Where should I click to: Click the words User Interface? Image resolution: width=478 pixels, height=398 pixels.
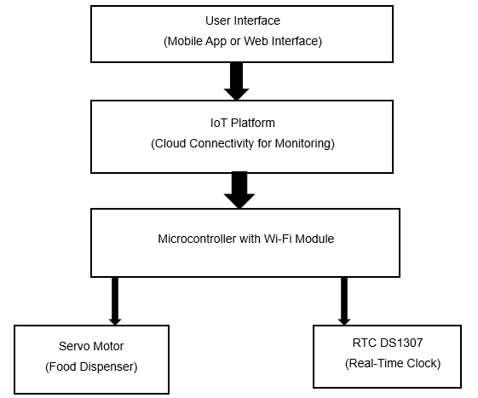point(243,20)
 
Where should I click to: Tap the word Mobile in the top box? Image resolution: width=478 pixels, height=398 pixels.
point(185,41)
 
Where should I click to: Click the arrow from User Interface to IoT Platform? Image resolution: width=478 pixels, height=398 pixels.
point(237,81)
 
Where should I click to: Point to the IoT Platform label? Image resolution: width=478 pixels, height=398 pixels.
point(243,123)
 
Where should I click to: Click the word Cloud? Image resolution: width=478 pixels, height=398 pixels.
point(170,143)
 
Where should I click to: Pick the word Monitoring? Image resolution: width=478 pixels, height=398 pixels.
point(302,143)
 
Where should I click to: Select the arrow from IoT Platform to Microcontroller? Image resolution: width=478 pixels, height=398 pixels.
point(239,190)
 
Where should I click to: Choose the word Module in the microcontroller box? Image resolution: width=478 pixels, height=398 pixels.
point(314,239)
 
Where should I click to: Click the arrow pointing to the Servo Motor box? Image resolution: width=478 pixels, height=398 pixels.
point(115,302)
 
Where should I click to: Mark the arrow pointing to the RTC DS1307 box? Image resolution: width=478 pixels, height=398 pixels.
point(344,302)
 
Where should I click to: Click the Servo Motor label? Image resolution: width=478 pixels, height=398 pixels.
point(91,347)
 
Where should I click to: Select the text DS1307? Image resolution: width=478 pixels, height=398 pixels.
point(401,343)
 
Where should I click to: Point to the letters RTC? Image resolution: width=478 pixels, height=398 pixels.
point(365,343)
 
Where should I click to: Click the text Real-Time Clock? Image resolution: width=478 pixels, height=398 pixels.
point(393,364)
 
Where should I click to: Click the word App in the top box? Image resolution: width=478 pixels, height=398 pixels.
point(216,41)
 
